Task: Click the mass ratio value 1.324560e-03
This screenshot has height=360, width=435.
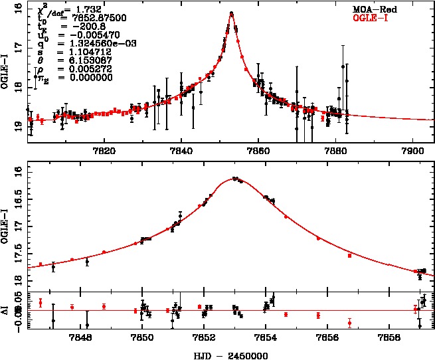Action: click(90, 41)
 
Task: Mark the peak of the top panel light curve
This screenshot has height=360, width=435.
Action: click(231, 13)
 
